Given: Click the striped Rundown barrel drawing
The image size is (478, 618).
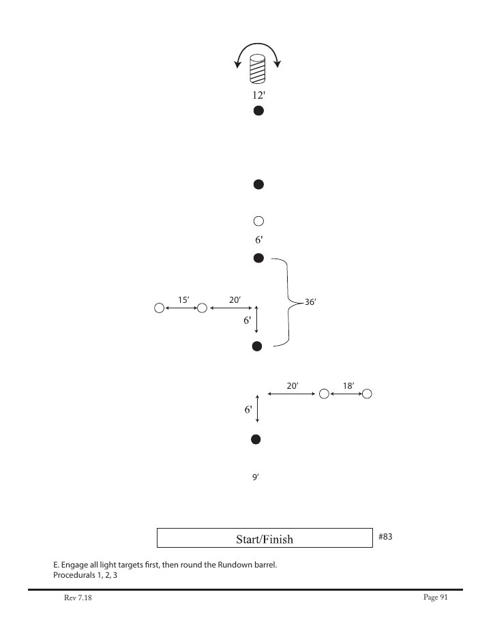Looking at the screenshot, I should [x=258, y=69].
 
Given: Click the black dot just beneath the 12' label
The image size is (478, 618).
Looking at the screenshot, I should [x=258, y=111].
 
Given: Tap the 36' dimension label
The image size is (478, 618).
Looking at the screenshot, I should [x=310, y=301].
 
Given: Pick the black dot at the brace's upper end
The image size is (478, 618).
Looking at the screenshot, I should [x=258, y=258].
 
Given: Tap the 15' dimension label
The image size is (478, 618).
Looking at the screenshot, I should [x=183, y=299].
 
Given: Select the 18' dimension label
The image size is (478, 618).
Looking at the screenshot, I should [x=348, y=385].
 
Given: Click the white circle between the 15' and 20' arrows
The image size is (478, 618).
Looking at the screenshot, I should [x=202, y=308].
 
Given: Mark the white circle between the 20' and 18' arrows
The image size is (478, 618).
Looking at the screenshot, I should [x=324, y=394].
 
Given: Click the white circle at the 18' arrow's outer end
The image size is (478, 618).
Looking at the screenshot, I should [x=367, y=394].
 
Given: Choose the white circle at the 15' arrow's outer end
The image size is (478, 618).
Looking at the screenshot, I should [x=159, y=308].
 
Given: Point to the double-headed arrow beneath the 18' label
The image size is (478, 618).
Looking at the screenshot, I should [x=346, y=394].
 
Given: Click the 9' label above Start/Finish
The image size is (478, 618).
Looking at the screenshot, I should [x=255, y=478].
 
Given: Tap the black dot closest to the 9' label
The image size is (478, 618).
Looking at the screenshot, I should [x=256, y=439].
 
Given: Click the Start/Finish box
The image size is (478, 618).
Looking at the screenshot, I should [x=264, y=538].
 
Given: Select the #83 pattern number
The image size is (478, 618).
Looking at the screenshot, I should [x=385, y=537].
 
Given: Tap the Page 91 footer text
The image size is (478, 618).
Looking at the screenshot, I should [x=434, y=597].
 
